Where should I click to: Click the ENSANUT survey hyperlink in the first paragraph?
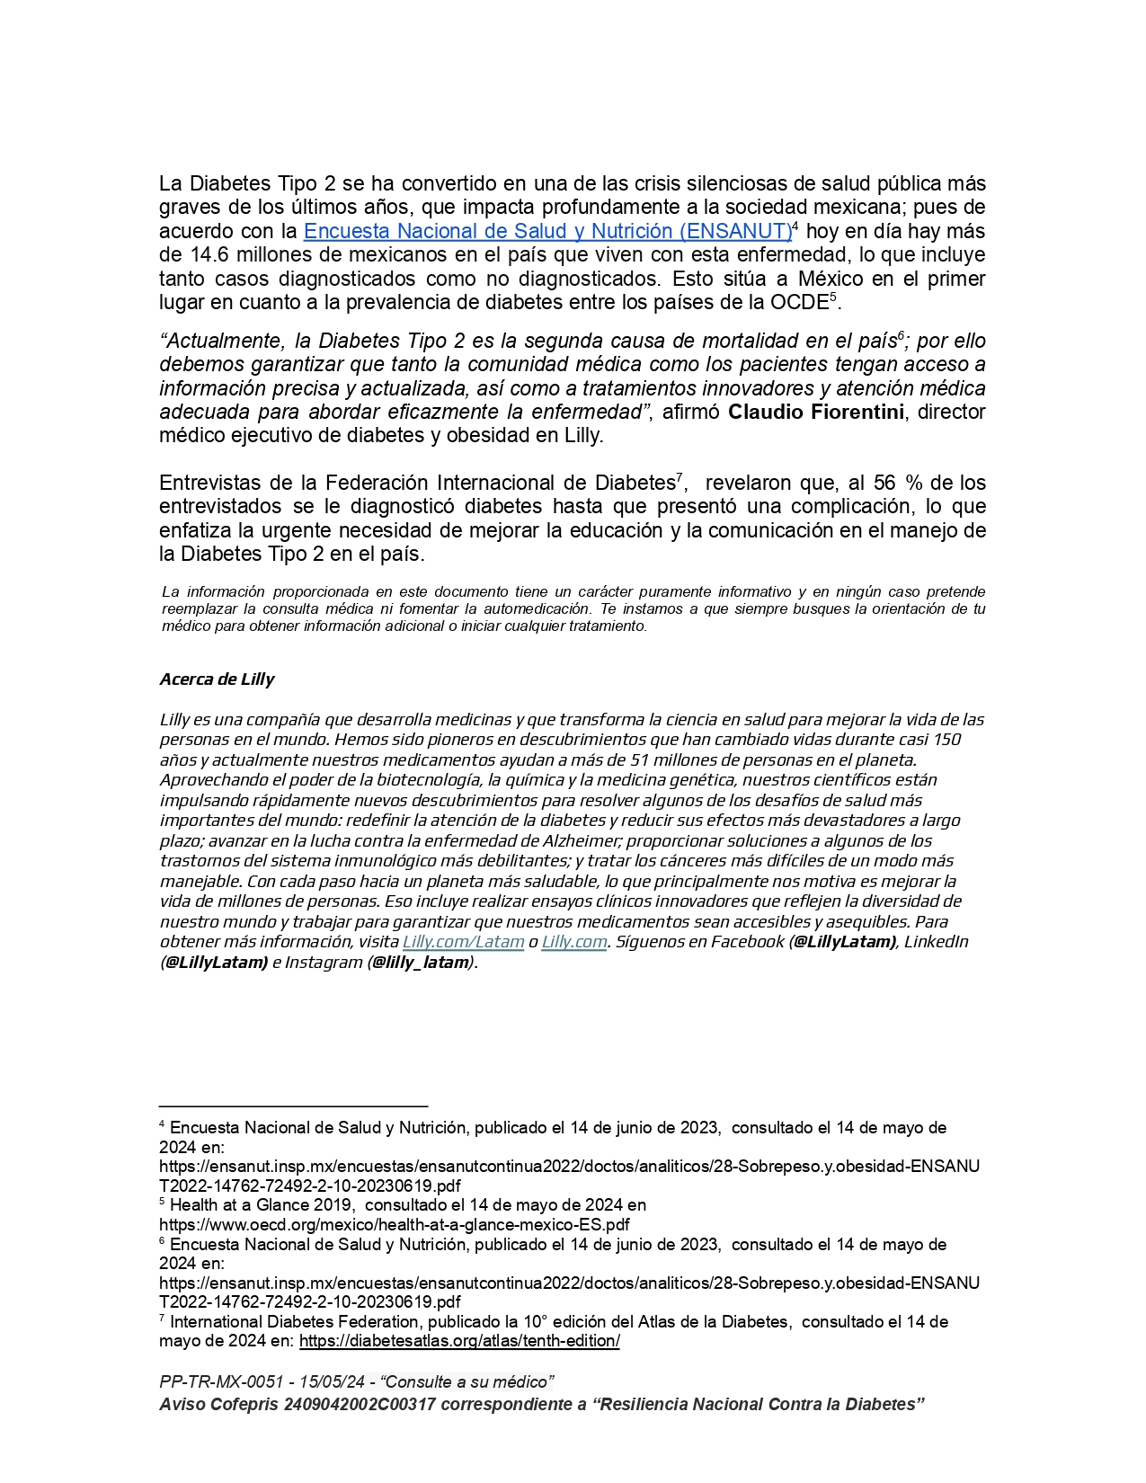coord(547,231)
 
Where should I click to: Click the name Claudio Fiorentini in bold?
coord(816,412)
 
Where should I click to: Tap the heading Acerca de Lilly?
coord(217,679)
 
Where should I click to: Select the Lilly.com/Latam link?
coord(463,941)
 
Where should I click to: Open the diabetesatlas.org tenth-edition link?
coord(459,1341)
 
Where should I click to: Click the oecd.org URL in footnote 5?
coord(394,1224)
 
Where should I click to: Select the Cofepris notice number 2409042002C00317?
coord(360,1404)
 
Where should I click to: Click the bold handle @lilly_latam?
coord(421,962)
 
